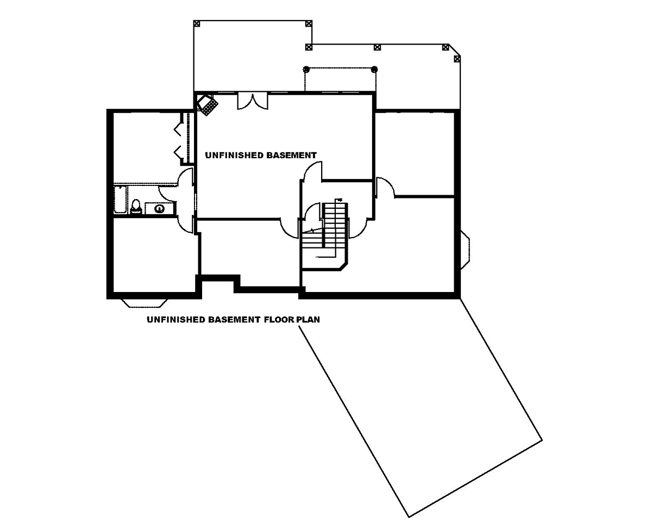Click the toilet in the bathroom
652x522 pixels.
coord(136,207)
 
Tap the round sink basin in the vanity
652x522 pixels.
coord(159,208)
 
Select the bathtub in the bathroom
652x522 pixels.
coord(120,200)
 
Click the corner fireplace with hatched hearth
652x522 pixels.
coord(207,104)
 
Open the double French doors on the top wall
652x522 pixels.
coord(252,102)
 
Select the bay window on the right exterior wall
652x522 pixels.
coord(466,250)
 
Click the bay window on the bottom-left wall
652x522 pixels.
coord(145,303)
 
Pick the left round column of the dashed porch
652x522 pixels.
coord(306,69)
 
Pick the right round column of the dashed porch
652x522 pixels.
coord(374,69)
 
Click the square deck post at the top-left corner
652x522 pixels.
coord(197,24)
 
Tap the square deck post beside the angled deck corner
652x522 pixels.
coord(457,59)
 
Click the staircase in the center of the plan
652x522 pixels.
coord(325,235)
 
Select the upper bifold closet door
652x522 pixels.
coord(178,128)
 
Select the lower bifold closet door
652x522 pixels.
coord(178,153)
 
